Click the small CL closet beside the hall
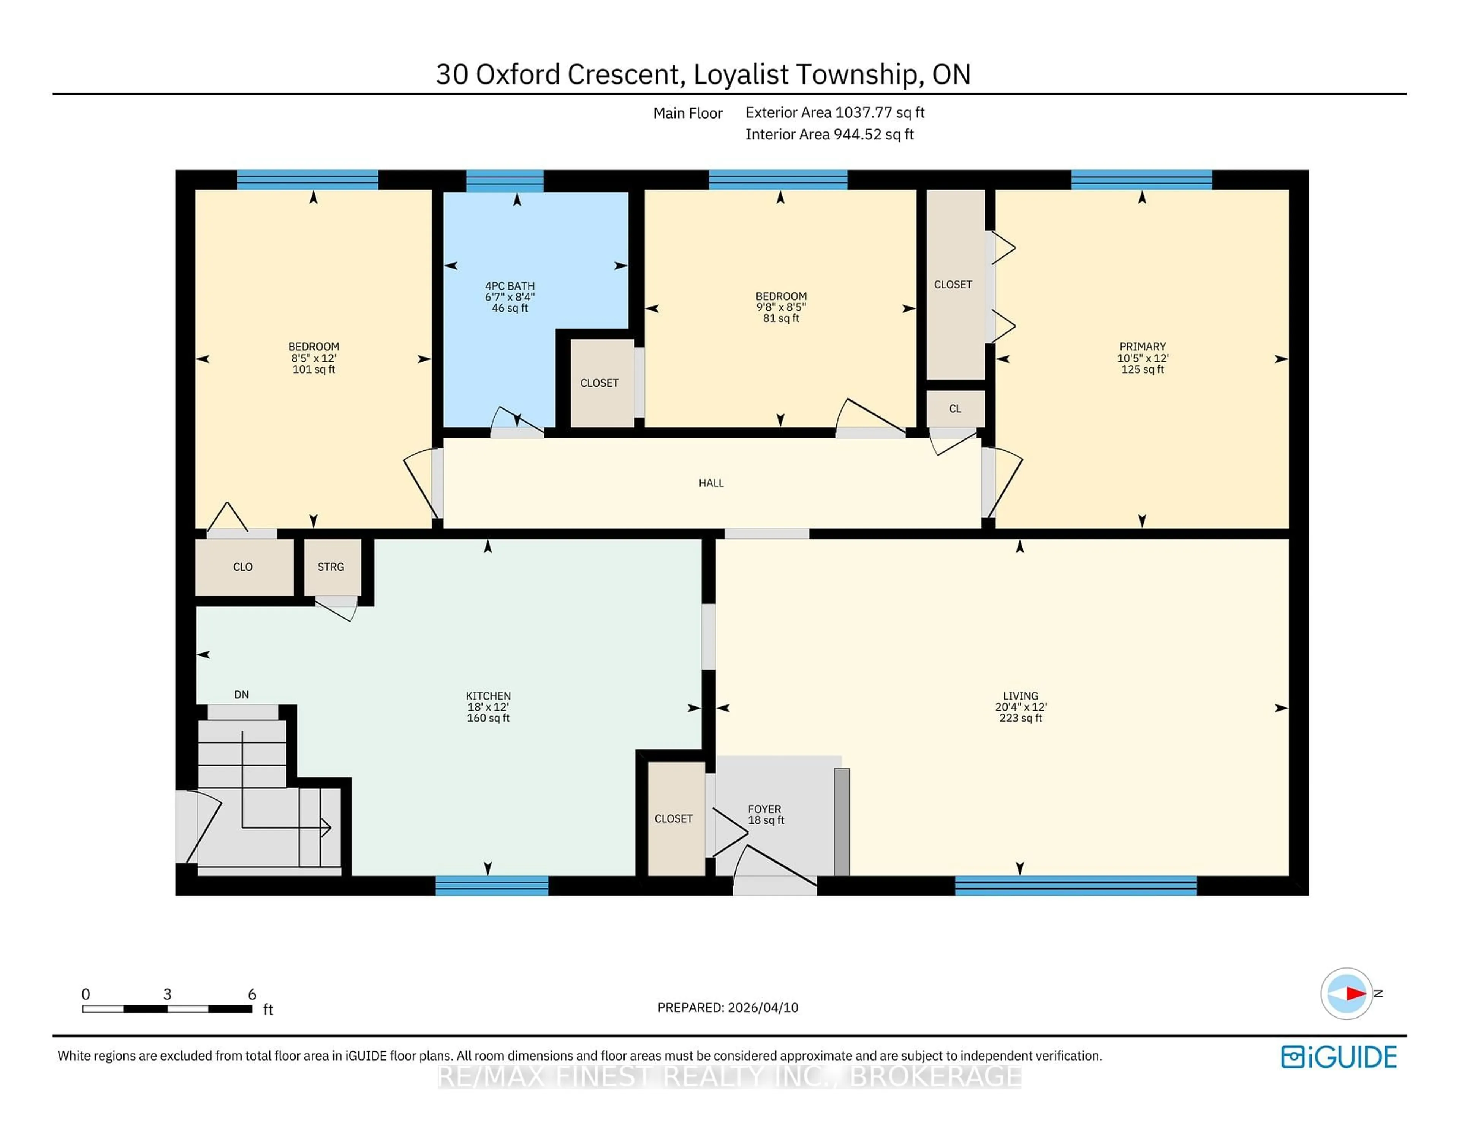pos(955,408)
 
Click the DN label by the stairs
pos(241,694)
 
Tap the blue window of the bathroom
pos(504,180)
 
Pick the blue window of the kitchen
pos(492,886)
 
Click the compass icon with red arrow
pos(1346,993)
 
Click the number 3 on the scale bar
pos(167,994)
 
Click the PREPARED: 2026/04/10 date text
pos(728,1007)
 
